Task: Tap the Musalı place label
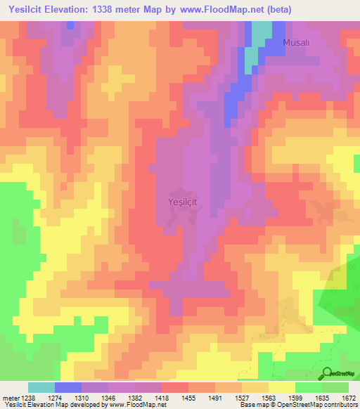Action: click(x=296, y=43)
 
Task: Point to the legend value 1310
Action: click(x=83, y=397)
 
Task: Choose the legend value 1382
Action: click(x=136, y=397)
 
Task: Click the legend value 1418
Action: click(x=162, y=397)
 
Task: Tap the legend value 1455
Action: click(x=189, y=397)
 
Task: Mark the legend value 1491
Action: click(x=216, y=397)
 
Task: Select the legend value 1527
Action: click(x=243, y=397)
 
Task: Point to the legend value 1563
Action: click(x=269, y=397)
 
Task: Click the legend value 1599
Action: click(x=295, y=397)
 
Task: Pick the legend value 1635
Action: click(x=322, y=397)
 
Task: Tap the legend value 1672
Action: click(x=348, y=397)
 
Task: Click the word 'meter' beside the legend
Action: click(x=11, y=397)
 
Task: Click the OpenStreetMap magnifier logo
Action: click(x=328, y=373)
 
